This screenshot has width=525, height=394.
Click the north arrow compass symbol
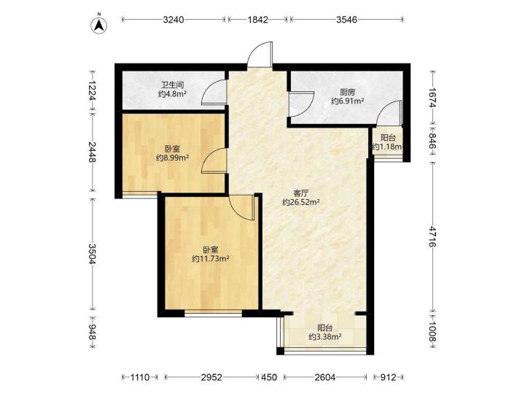point(99,25)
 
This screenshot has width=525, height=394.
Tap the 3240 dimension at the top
point(174,20)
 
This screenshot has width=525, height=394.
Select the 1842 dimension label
point(258,20)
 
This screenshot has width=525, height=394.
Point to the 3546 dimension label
point(346,20)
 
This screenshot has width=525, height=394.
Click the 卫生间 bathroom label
point(172,85)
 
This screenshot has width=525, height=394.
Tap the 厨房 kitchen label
point(347,92)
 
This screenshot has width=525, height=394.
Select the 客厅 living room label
point(300,193)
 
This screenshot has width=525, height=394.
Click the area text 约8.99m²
point(173,158)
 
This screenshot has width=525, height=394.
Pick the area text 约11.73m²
point(211,258)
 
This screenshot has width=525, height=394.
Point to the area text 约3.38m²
point(325,336)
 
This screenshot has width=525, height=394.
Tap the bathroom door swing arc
point(214,93)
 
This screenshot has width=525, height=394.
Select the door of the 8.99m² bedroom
point(214,161)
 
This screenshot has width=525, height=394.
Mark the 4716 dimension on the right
point(433,236)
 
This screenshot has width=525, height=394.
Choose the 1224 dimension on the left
point(93,90)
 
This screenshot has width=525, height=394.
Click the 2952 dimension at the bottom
point(211,378)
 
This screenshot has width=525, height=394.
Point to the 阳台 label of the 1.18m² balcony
point(389,138)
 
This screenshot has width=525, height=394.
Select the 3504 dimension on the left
point(93,253)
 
